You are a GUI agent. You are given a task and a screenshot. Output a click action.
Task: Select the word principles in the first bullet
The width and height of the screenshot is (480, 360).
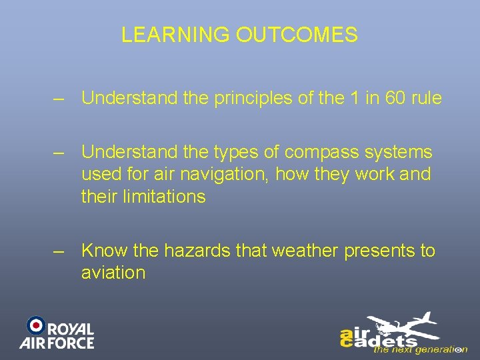click(246, 98)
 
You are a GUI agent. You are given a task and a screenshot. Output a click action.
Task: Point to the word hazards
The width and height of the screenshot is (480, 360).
click(203, 251)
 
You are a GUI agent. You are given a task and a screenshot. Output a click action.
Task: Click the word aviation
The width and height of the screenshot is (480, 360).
click(113, 273)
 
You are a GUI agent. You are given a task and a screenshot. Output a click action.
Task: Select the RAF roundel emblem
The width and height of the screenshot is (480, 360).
click(35, 325)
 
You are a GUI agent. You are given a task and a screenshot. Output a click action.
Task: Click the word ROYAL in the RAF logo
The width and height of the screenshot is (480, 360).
click(71, 329)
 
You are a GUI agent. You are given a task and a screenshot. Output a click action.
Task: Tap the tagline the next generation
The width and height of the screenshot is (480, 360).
click(420, 349)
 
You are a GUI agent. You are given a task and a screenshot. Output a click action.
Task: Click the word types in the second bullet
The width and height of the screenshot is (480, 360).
click(232, 153)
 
